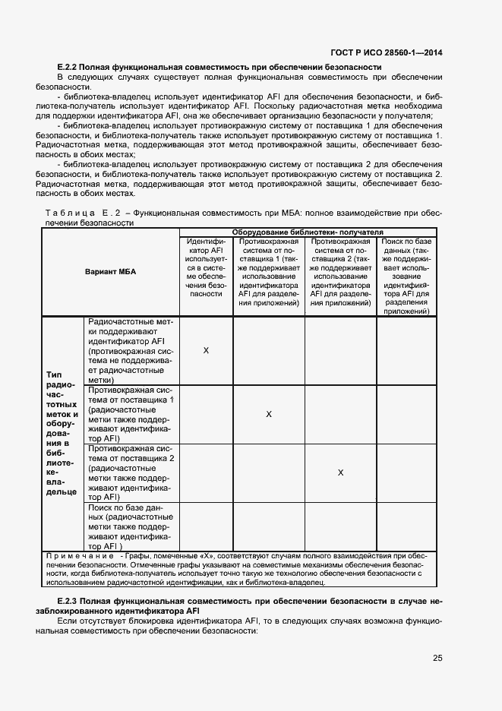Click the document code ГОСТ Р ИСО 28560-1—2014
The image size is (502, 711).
tap(386, 52)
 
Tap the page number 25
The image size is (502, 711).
tap(437, 658)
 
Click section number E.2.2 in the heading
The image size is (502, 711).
tap(69, 68)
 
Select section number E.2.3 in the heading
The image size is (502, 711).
tap(69, 601)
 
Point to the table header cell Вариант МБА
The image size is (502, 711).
tap(111, 272)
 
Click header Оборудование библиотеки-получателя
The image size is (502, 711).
tap(308, 232)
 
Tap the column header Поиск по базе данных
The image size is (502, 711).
tap(406, 276)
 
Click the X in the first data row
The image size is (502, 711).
tap(206, 350)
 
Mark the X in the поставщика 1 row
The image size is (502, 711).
tap(269, 414)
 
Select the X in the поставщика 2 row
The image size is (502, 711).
tap(340, 472)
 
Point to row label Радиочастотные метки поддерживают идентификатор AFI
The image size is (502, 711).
tap(131, 351)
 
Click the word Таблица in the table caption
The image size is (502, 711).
tap(71, 214)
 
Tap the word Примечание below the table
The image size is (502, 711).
tap(81, 556)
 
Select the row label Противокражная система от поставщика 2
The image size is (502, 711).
tap(131, 472)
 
